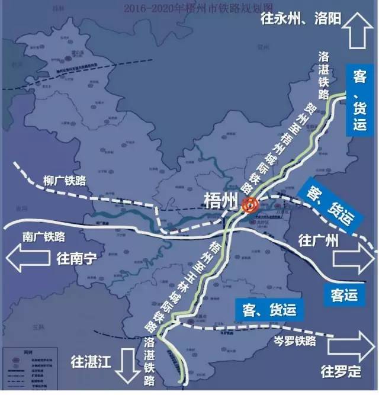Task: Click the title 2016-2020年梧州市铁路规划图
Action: [189, 8]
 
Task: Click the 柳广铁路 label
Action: [65, 179]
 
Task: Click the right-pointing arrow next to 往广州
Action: [353, 259]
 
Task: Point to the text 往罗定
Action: [341, 372]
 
